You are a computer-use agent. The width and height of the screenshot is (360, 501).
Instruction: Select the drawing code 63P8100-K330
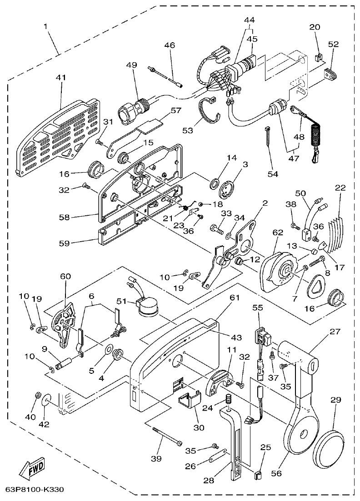[34, 490]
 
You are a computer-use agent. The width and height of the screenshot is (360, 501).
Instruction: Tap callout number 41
[60, 78]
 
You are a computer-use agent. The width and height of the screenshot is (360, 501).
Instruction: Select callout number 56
[276, 473]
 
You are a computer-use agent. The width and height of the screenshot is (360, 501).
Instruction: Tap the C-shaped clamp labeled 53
[211, 110]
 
